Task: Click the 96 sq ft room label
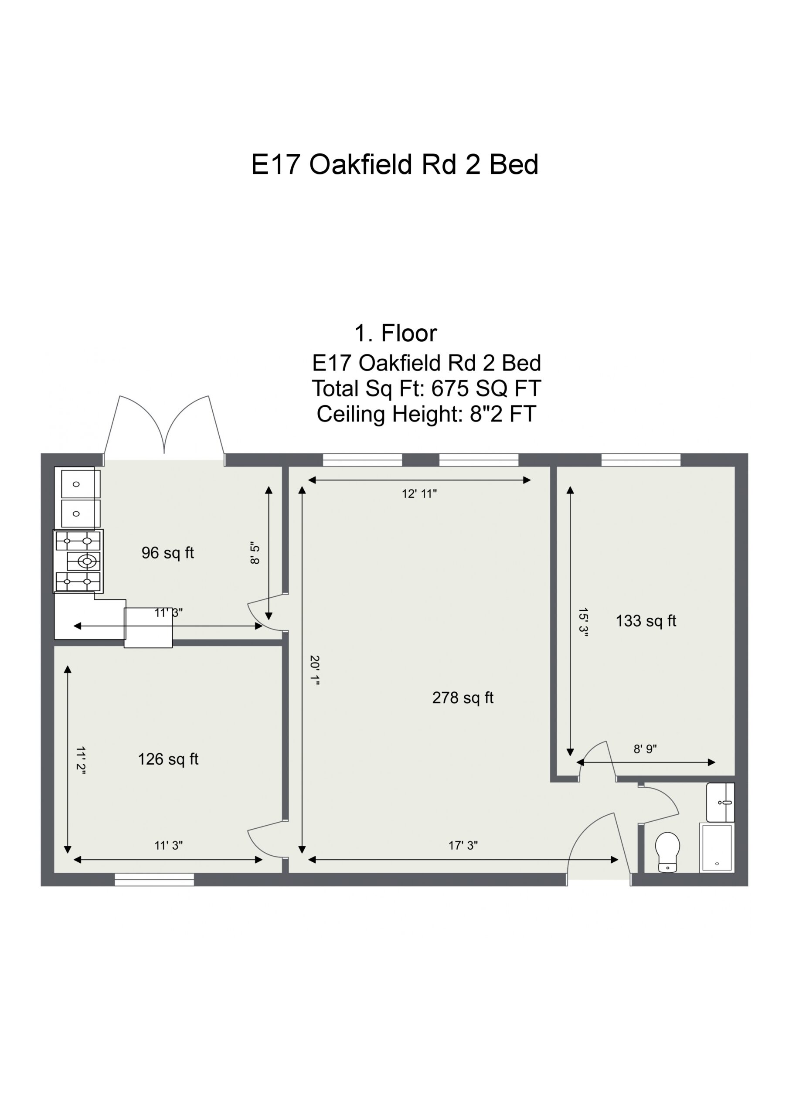coord(168,553)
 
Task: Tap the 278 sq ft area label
coord(463,698)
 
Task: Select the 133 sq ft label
coord(646,621)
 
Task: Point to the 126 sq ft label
coord(168,759)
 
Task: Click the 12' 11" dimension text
coord(419,494)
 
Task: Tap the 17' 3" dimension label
coord(463,846)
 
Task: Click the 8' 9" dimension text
coord(645,749)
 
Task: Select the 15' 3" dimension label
coord(583,622)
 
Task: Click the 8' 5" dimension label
coord(255,553)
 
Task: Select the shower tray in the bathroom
coord(717,848)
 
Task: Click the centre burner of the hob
coord(87,561)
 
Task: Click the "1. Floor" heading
coord(396,333)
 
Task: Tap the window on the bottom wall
coord(154,879)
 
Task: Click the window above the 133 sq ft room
coord(641,460)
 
